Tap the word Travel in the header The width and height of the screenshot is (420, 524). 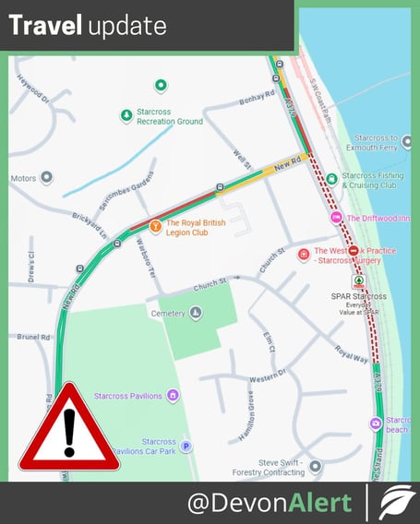[46, 26]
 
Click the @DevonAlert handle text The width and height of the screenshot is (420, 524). [270, 503]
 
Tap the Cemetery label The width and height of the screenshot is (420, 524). [169, 314]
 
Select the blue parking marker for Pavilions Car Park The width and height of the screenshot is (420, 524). [186, 447]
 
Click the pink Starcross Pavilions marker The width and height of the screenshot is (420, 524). [172, 396]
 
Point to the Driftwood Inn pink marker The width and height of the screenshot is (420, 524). [335, 218]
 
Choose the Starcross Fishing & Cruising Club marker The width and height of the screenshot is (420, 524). [333, 175]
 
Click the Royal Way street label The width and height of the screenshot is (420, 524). [351, 351]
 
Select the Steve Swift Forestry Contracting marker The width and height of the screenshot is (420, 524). [316, 467]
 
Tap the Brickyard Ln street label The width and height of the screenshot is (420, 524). [91, 220]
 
